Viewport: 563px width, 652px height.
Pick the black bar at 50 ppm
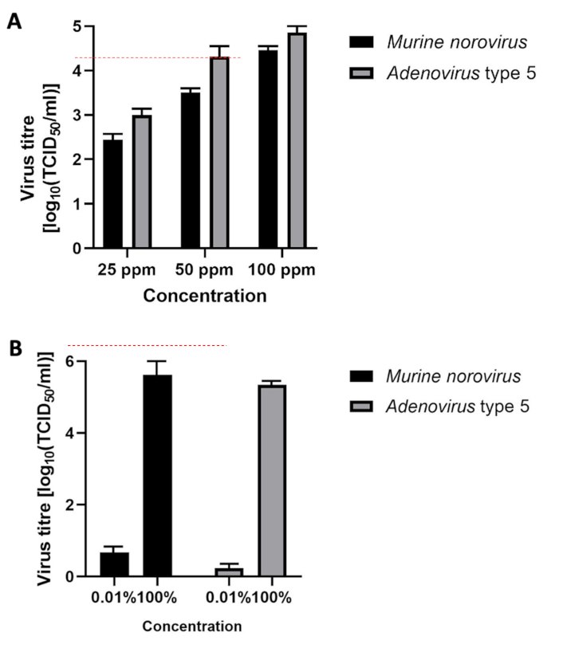point(190,171)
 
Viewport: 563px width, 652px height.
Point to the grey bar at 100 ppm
point(297,140)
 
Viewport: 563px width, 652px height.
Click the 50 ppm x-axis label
point(204,269)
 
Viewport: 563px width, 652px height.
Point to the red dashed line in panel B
point(148,346)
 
